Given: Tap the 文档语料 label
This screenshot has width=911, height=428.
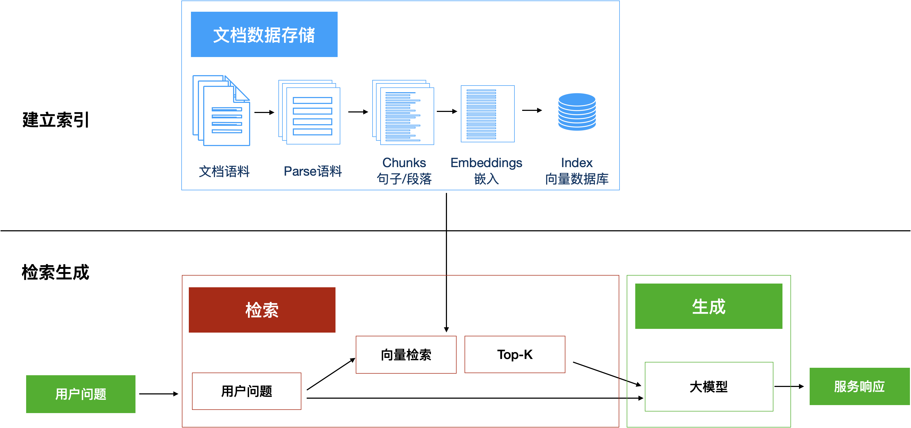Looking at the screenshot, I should [x=224, y=171].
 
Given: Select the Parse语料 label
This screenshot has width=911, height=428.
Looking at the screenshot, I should [x=313, y=171].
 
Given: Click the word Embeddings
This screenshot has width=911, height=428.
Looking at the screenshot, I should [x=486, y=163].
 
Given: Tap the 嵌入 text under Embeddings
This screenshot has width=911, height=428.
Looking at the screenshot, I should [x=486, y=179].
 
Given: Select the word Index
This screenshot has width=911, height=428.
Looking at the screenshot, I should [x=577, y=163].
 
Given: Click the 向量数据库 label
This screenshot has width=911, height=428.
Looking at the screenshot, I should [x=577, y=179].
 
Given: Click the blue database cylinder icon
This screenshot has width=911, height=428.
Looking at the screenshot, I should [x=577, y=112].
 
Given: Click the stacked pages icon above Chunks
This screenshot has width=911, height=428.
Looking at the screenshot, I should [x=403, y=112].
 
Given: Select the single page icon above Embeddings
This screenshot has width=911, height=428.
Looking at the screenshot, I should [x=487, y=114].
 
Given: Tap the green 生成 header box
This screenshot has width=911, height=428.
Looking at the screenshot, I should [x=708, y=306].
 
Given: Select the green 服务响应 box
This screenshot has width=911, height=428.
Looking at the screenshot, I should [x=859, y=386].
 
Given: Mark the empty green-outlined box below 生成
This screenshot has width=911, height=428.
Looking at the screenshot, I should [x=709, y=386].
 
